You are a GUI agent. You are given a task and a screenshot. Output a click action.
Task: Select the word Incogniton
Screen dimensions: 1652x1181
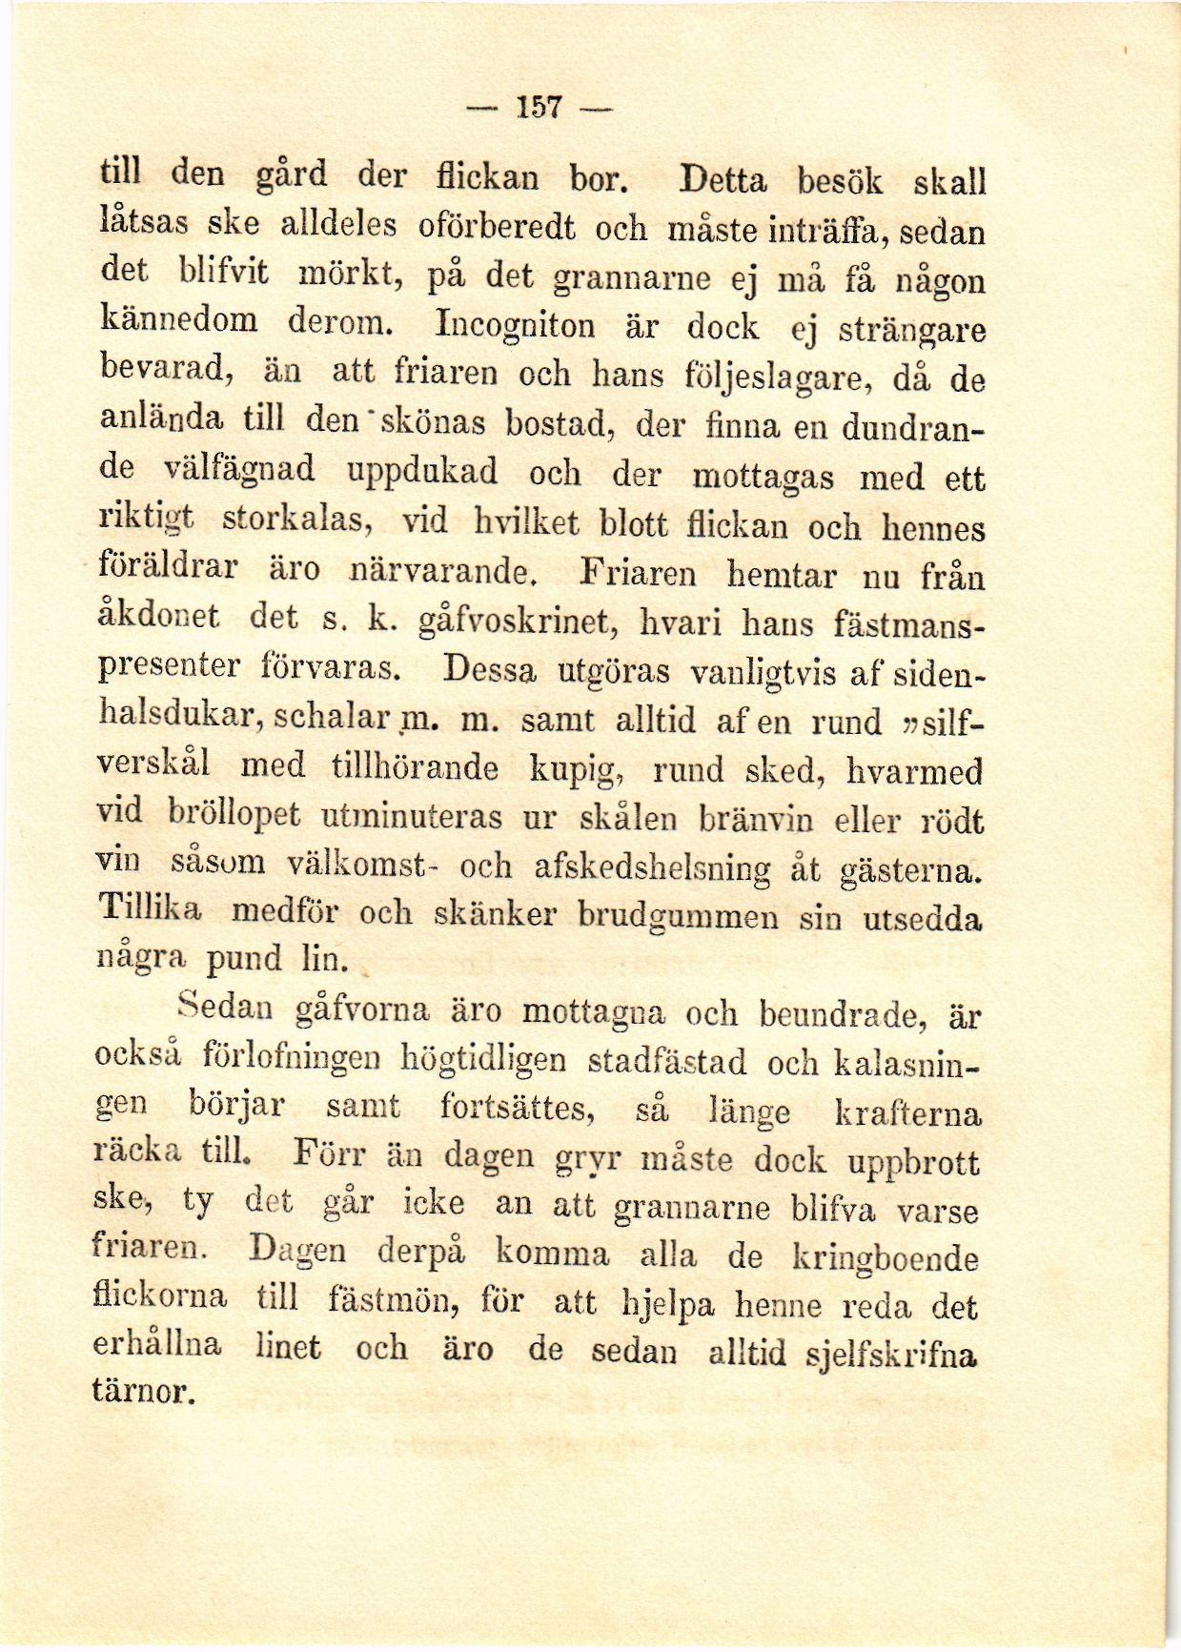click(515, 326)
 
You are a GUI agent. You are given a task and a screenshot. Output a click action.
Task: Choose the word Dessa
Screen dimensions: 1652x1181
click(492, 671)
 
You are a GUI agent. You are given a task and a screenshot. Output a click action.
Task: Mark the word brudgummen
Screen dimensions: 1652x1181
click(679, 915)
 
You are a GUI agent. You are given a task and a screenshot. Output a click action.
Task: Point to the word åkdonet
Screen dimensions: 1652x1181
click(159, 618)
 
